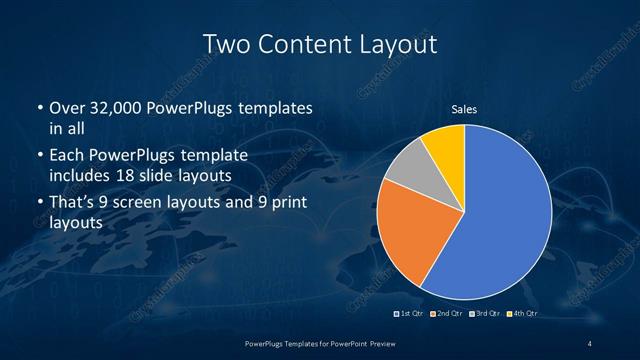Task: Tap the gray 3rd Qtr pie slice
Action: click(x=411, y=170)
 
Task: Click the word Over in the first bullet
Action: click(x=65, y=108)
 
